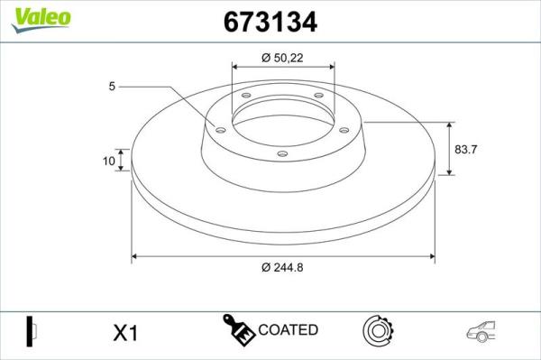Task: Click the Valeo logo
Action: click(x=41, y=20)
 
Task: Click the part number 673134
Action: click(x=270, y=22)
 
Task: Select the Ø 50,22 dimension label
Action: click(x=282, y=58)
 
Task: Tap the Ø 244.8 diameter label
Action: click(x=282, y=267)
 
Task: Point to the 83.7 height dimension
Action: click(x=466, y=150)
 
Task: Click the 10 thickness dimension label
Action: click(x=109, y=161)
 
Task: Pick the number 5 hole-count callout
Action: click(x=112, y=86)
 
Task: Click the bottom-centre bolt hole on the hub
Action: click(x=282, y=153)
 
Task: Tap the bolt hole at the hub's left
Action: click(x=221, y=131)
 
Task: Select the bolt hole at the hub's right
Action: click(x=344, y=130)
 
